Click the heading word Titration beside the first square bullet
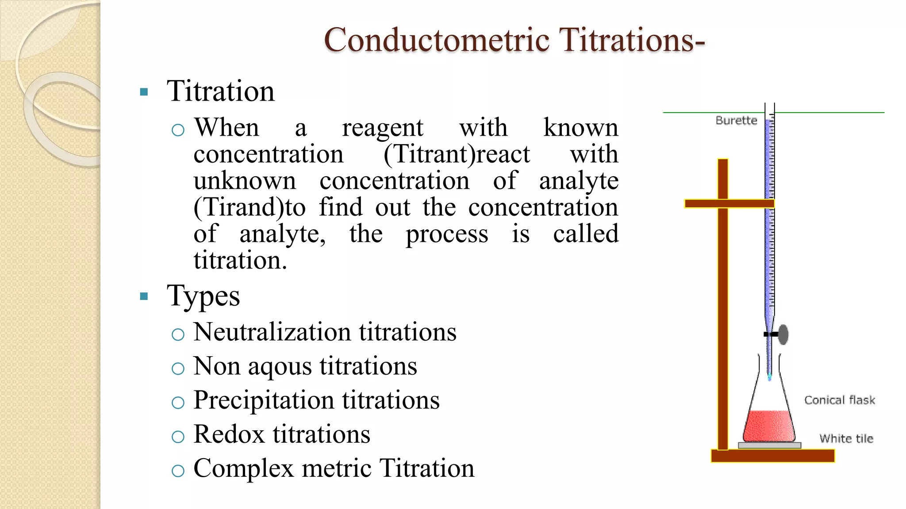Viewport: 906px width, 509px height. pyautogui.click(x=220, y=91)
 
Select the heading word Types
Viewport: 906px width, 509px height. pyautogui.click(x=203, y=296)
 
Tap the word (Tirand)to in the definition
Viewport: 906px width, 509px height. pyautogui.click(x=250, y=207)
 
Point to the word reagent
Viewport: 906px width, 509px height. pyautogui.click(x=383, y=128)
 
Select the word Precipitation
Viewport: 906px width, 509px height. pyautogui.click(x=264, y=400)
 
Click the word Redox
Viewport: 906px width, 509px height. pyautogui.click(x=229, y=434)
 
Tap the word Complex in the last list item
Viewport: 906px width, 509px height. pyautogui.click(x=243, y=468)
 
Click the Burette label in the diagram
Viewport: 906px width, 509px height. pyautogui.click(x=736, y=120)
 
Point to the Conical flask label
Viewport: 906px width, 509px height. pyautogui.click(x=839, y=400)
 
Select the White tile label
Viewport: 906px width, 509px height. pyautogui.click(x=846, y=438)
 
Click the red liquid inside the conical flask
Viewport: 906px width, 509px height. pyautogui.click(x=769, y=426)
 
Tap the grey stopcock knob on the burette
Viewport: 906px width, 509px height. pyautogui.click(x=783, y=334)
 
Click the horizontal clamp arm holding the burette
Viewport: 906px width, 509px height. pyautogui.click(x=729, y=204)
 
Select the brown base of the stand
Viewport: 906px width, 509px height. pyautogui.click(x=772, y=456)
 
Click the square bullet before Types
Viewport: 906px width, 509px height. pyautogui.click(x=144, y=296)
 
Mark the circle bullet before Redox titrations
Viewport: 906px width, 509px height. pyautogui.click(x=178, y=437)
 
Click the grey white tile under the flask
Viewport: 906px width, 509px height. pyautogui.click(x=769, y=445)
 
